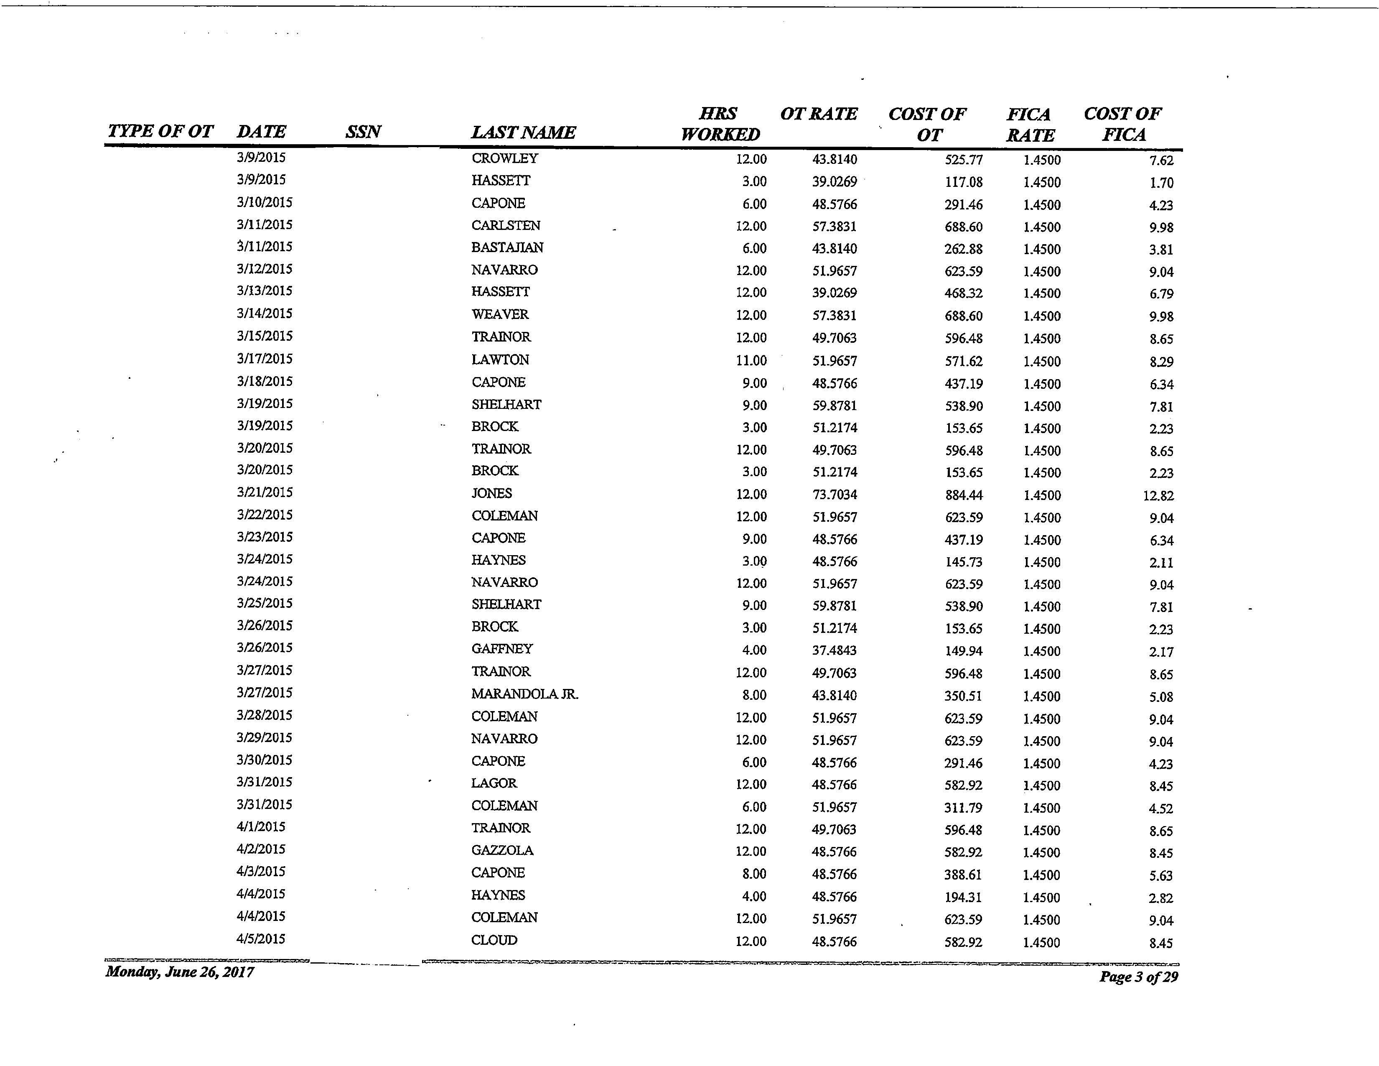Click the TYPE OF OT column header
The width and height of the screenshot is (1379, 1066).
click(160, 131)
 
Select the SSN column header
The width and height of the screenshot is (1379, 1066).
click(363, 131)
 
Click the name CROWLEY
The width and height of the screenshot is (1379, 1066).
click(504, 158)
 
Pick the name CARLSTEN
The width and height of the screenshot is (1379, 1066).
click(506, 225)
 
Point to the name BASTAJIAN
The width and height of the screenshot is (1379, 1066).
click(507, 247)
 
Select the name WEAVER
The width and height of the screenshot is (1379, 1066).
click(500, 314)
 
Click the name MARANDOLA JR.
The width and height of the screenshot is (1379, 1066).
click(525, 694)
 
